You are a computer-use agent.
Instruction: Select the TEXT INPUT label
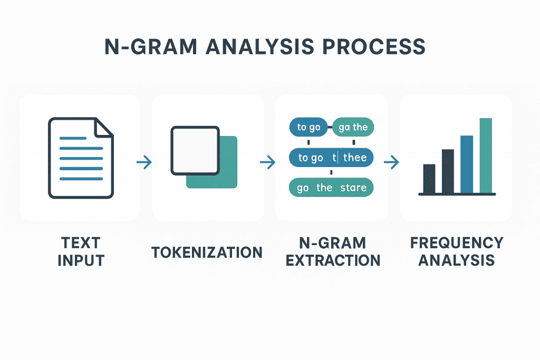[80, 251]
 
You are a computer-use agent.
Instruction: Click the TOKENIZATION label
[207, 252]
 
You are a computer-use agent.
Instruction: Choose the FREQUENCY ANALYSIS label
[457, 251]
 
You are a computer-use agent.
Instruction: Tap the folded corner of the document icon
[102, 127]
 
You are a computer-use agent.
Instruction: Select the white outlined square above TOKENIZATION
[195, 151]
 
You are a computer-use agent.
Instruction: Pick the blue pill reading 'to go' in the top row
[309, 127]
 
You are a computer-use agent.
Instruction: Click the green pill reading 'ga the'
[353, 127]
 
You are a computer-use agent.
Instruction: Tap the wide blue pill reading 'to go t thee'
[332, 158]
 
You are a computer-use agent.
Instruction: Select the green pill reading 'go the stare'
[332, 188]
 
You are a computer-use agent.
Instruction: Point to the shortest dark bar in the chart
[429, 179]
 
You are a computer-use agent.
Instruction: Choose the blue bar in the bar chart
[467, 164]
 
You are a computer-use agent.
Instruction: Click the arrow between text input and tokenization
[143, 163]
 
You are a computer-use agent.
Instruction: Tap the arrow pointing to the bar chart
[391, 163]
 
